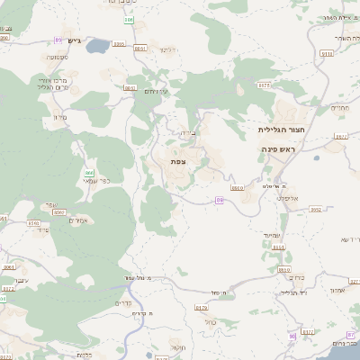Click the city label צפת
click(x=178, y=160)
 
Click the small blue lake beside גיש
click(x=120, y=42)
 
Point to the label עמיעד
click(x=274, y=234)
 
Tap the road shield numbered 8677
click(x=264, y=85)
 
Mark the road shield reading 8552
click(x=316, y=210)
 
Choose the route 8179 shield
click(x=285, y=269)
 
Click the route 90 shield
click(x=292, y=336)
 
